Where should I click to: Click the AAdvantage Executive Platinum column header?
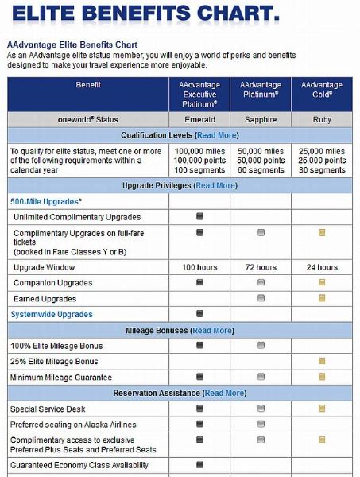point(199,94)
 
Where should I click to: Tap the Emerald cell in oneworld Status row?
point(199,119)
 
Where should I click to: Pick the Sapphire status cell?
point(261,119)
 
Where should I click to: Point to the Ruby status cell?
point(321,119)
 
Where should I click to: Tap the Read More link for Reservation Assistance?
point(225,393)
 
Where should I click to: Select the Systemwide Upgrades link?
point(51,314)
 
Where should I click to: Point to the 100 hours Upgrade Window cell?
point(199,267)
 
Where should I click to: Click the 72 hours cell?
point(261,267)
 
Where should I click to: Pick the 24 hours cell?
point(321,267)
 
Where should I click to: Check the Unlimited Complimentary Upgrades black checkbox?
point(199,217)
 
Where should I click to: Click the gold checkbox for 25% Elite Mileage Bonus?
point(321,361)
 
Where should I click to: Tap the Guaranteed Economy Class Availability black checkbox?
point(199,466)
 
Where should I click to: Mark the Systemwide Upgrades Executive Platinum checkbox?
point(199,314)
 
